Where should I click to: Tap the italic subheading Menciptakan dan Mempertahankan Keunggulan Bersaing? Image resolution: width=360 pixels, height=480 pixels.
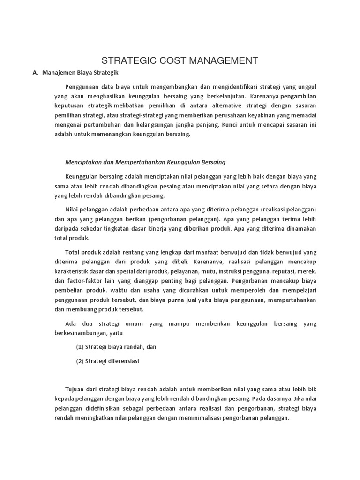[145, 162]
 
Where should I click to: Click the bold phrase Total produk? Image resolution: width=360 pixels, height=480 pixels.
[83, 252]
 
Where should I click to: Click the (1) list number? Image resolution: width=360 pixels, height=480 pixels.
[80, 347]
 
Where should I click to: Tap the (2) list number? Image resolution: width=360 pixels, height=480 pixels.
[80, 361]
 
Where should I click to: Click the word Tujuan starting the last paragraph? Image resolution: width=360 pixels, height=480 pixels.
[76, 389]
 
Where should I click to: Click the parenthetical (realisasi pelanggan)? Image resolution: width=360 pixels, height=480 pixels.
[288, 209]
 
